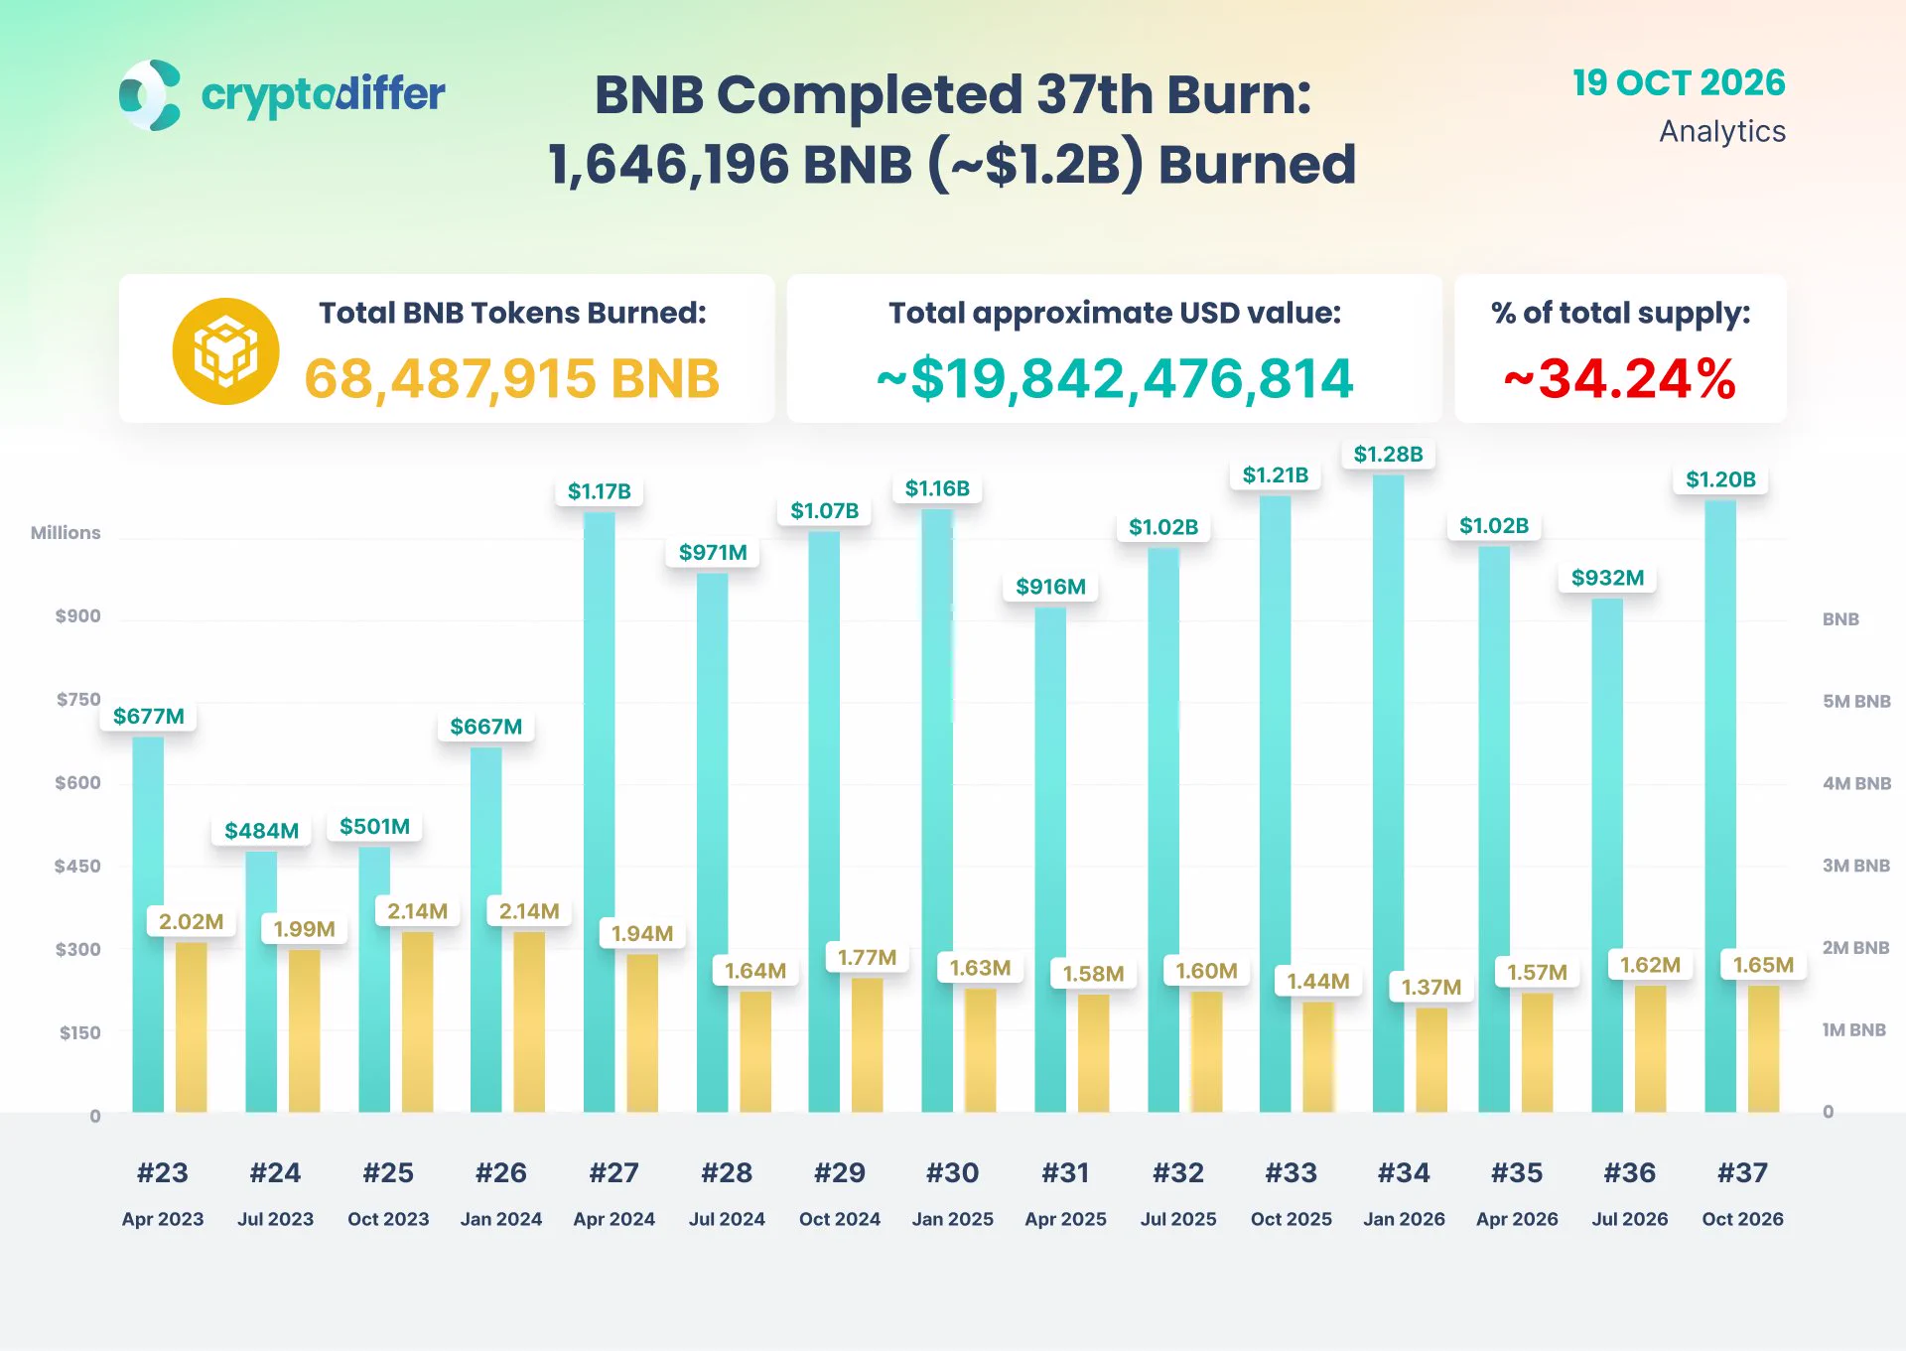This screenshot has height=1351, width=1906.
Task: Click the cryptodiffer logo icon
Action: [x=150, y=95]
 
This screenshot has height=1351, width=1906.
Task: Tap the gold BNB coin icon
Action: [x=225, y=351]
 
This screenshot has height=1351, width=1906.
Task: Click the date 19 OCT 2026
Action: [x=1679, y=82]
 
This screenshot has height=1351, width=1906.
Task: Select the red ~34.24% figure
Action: [x=1620, y=378]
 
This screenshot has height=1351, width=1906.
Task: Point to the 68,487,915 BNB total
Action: [x=512, y=378]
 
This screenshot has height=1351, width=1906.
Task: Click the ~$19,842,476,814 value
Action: [x=1115, y=378]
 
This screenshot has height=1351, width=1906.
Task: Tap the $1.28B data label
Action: [x=1388, y=455]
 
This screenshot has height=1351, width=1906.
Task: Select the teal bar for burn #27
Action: [x=600, y=811]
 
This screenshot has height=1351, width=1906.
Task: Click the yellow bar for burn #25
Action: [x=418, y=1021]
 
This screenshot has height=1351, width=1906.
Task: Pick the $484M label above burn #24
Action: [x=262, y=831]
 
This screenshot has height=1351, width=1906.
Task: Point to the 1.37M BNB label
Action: [x=1431, y=987]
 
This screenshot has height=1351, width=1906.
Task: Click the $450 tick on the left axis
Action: [x=77, y=866]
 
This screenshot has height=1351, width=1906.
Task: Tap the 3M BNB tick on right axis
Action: [x=1856, y=866]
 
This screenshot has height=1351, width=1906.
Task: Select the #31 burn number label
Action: [x=1065, y=1173]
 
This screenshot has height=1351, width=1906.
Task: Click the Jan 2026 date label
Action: [x=1404, y=1219]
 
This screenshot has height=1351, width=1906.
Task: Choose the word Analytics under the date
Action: [x=1722, y=131]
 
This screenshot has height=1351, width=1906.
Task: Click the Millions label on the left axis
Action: [x=66, y=533]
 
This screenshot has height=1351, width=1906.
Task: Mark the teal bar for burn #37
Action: [x=1720, y=806]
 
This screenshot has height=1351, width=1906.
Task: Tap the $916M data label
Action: [x=1050, y=587]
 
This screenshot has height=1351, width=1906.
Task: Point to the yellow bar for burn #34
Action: [x=1431, y=1060]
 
